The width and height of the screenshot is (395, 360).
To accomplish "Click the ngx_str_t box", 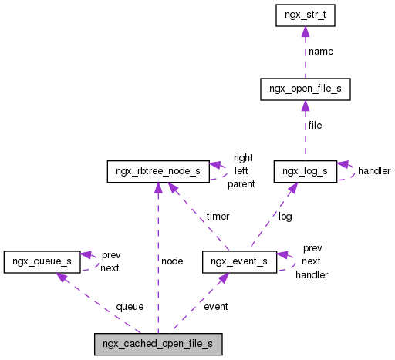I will [305, 15].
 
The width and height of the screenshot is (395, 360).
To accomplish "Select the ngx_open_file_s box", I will [306, 90].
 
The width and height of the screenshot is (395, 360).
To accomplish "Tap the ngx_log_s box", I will [305, 171].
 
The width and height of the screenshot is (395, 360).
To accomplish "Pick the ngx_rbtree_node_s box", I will [157, 171].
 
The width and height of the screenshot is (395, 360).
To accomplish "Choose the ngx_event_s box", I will [239, 261].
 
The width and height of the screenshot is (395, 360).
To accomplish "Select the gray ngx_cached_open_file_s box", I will [158, 344].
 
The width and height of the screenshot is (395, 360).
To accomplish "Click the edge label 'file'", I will [315, 125].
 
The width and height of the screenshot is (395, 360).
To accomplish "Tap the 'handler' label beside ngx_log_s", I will [374, 170].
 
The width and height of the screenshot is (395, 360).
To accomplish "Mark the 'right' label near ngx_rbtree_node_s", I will [243, 158].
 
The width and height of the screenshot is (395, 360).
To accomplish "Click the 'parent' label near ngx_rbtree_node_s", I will [241, 184].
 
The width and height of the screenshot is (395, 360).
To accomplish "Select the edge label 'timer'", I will [217, 217].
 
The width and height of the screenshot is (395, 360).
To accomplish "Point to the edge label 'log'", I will [285, 217].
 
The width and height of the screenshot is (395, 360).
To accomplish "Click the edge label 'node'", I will [171, 261].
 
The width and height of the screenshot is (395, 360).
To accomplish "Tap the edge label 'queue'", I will [130, 306].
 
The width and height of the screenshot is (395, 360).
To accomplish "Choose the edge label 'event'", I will [215, 306].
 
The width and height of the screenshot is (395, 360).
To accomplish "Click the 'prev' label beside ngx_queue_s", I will [111, 254].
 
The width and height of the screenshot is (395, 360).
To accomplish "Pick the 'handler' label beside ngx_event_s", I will [312, 274].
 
